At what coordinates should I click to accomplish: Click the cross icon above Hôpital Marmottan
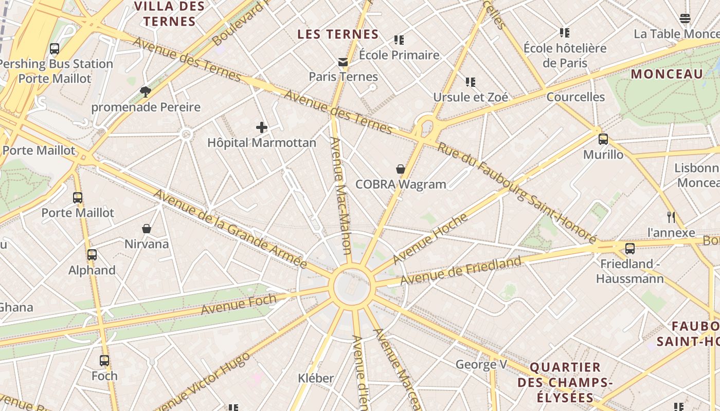(262, 127)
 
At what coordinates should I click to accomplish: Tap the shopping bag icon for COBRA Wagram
(401, 169)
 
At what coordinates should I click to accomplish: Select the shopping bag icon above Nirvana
(147, 229)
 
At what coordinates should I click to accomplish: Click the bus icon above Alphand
(92, 255)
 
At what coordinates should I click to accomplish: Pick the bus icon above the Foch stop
(104, 361)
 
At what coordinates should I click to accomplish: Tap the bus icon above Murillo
(603, 139)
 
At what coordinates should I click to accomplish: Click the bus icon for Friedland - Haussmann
(629, 249)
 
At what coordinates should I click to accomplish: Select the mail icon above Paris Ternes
(343, 62)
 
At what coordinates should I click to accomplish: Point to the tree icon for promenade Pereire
(146, 92)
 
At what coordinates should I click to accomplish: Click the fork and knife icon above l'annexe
(671, 217)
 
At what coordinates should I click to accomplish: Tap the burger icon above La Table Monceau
(685, 19)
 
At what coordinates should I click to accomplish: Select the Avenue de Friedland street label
(461, 271)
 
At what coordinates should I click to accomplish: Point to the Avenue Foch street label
(239, 304)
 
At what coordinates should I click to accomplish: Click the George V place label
(481, 365)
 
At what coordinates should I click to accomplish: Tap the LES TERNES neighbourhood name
(338, 34)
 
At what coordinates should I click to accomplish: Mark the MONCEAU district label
(667, 74)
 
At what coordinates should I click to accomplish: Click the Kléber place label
(316, 379)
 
